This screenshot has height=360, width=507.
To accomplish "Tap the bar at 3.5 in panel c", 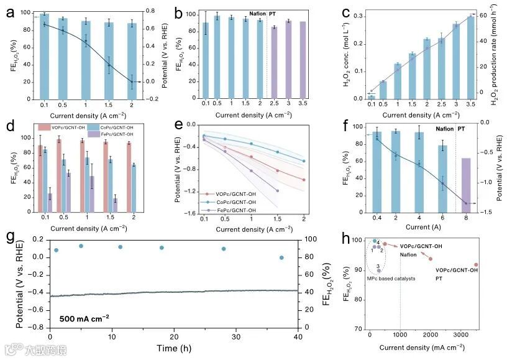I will click(470, 57).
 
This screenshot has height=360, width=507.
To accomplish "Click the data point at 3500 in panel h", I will click(477, 264).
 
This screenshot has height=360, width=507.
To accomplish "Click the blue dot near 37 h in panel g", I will click(281, 257).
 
